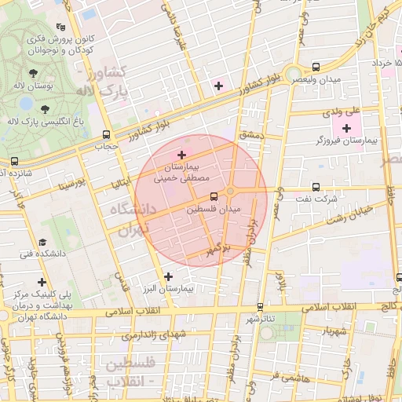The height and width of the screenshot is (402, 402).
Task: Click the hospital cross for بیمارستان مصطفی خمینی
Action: point(182,154)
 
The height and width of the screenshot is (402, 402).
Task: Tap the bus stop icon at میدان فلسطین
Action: point(214,197)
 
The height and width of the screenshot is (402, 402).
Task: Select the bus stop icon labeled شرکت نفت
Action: point(316,187)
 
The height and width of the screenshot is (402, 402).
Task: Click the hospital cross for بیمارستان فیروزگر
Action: point(346,127)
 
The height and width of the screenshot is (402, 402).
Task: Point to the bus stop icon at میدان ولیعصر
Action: point(316,68)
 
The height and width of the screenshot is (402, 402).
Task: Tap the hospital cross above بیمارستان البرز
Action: point(169,276)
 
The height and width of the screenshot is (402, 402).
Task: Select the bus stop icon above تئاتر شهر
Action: point(260,307)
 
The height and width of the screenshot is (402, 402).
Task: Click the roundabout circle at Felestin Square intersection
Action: point(230,191)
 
